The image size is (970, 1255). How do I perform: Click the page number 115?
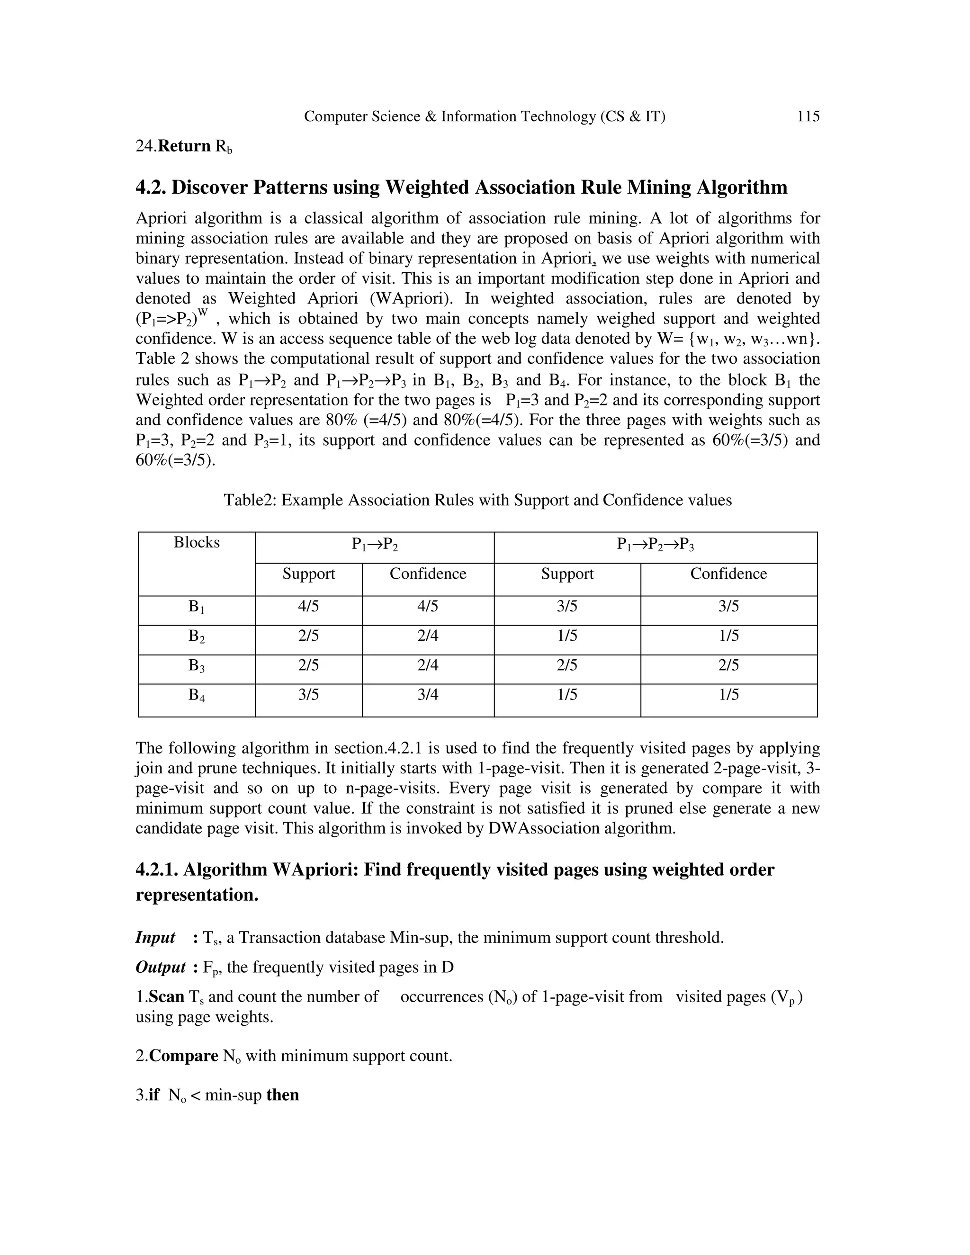(x=808, y=117)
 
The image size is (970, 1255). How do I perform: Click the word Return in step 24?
(x=184, y=146)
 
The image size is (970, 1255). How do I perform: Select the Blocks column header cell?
(x=197, y=542)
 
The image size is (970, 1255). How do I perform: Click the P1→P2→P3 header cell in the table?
(x=655, y=544)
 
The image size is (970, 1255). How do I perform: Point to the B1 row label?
(x=197, y=607)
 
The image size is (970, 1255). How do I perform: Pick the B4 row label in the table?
(x=197, y=695)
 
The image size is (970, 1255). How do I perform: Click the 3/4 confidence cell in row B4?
(x=428, y=695)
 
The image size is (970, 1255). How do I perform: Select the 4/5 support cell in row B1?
(x=309, y=606)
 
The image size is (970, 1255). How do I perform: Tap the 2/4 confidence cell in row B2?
(x=428, y=636)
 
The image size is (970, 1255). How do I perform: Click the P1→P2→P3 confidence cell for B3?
(x=728, y=665)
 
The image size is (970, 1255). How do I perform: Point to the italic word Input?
(x=155, y=938)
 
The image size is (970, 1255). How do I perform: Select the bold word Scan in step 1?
(x=167, y=997)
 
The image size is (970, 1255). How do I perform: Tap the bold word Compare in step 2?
(x=183, y=1056)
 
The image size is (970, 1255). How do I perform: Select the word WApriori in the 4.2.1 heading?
(x=313, y=870)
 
